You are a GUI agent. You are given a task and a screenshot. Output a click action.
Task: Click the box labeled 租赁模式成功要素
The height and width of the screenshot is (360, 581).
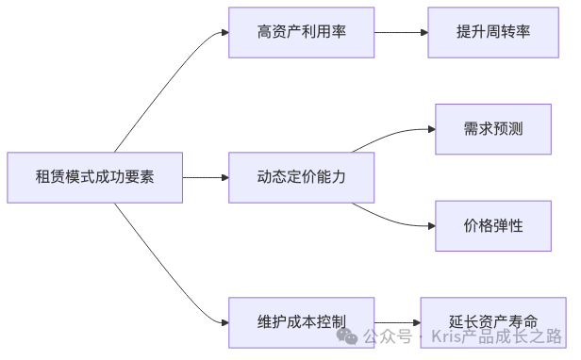[94, 176]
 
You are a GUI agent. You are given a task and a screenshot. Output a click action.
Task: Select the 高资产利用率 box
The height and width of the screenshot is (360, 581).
[301, 32]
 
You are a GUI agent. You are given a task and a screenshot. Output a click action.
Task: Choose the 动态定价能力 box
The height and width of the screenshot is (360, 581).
[301, 176]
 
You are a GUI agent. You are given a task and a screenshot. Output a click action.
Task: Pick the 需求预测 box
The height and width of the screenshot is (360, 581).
[492, 128]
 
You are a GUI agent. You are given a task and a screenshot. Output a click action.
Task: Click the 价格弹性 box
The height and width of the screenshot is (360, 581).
[492, 225]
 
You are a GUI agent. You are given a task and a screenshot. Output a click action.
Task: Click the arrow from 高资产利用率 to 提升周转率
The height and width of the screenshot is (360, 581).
[400, 32]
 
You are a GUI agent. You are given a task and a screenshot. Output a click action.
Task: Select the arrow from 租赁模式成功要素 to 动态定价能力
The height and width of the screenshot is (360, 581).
[205, 176]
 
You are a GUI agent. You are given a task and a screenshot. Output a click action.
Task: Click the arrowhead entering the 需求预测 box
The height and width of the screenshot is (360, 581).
[430, 128]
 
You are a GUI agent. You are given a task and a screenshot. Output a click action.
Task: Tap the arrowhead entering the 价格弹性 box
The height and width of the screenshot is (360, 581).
[430, 225]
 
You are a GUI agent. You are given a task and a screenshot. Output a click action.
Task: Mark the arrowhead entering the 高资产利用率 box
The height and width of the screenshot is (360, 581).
[224, 32]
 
